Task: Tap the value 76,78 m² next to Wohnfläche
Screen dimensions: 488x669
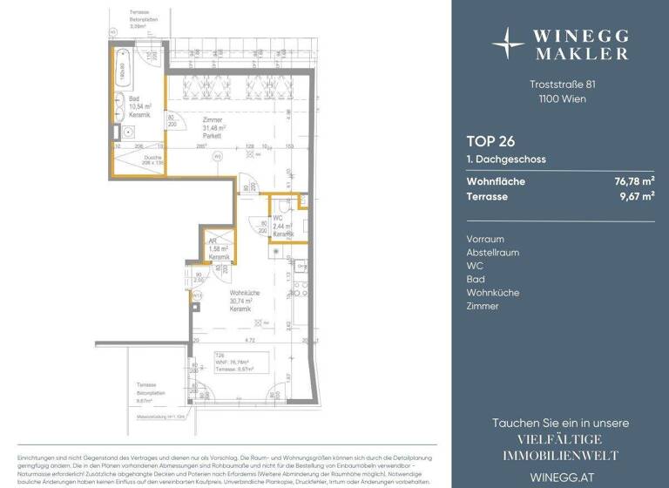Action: [634, 181]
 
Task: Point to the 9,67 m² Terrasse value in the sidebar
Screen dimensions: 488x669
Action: [637, 197]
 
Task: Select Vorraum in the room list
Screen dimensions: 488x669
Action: [486, 238]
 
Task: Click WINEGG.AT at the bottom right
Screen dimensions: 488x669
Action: [557, 476]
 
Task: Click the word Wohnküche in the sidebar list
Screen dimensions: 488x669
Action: [492, 293]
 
